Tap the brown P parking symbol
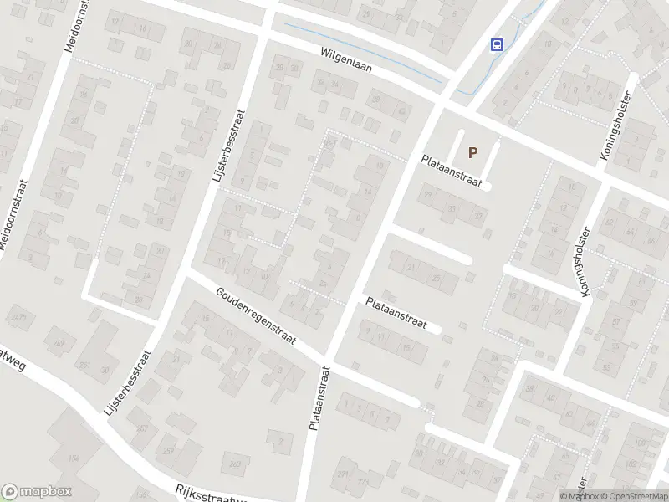click(472, 152)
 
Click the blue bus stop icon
click(498, 45)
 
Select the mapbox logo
click(37, 492)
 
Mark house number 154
click(74, 458)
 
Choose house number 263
click(235, 464)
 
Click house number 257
click(142, 428)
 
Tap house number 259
click(168, 452)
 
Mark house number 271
click(341, 473)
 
